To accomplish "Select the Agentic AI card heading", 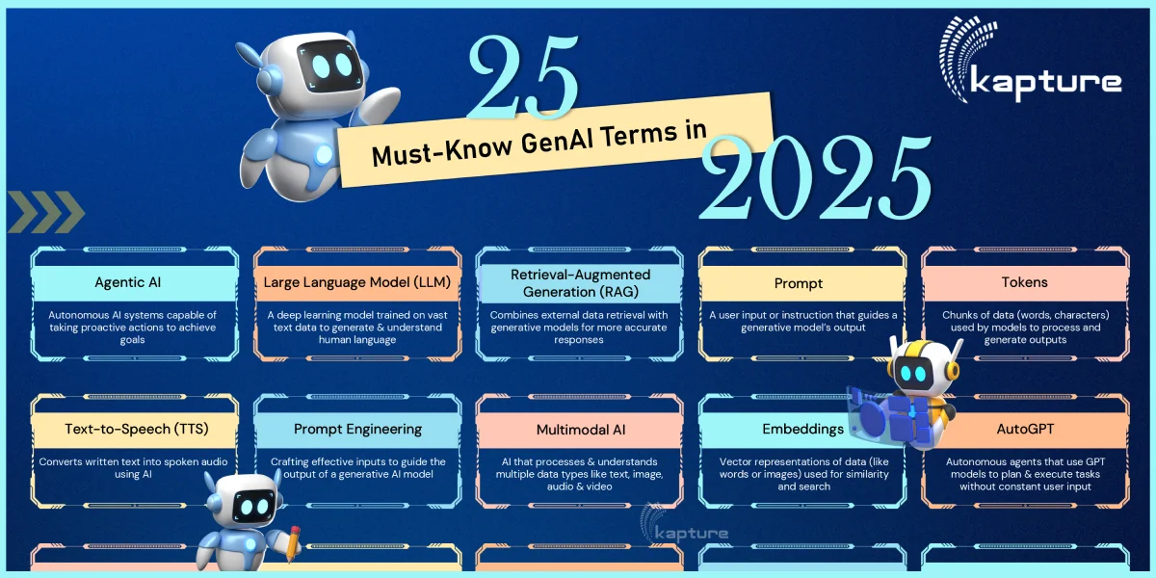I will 134,283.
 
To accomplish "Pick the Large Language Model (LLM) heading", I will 357,283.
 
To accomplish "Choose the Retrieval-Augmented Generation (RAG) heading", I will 580,283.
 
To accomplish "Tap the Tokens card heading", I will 1024,283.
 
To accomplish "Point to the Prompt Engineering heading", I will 357,429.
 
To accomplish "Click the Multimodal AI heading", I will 580,429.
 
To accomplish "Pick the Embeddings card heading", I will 790,429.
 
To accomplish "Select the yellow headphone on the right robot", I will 955,367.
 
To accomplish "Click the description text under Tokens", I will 1024,328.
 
